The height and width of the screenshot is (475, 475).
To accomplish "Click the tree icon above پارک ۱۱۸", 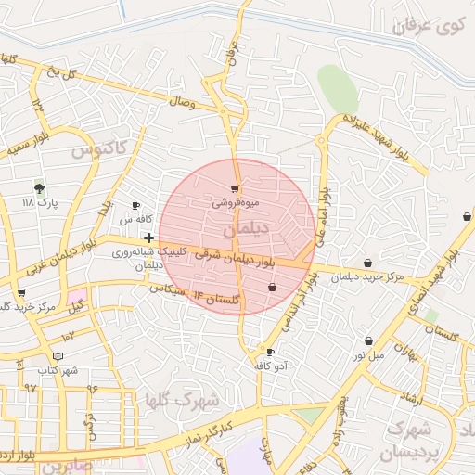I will pos(38,186).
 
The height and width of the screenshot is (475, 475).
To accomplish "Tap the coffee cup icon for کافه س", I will pos(136,206).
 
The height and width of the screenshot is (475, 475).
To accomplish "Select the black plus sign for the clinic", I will pos(148,238).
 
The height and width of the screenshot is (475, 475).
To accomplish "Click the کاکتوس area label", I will pos(96,148).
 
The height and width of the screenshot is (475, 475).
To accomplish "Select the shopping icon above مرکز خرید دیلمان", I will pos(369,263).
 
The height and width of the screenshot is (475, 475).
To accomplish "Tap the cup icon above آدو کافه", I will pos(270,353).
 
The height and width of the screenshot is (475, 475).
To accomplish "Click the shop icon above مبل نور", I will pos(369,341).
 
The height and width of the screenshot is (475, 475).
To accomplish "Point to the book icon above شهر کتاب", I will pos(58,356).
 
